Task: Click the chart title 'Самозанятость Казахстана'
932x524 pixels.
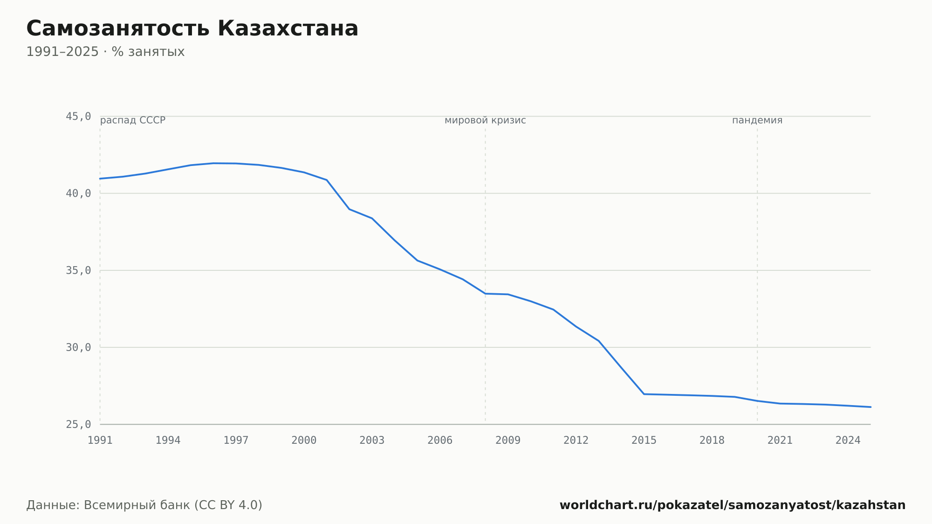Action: pos(192,28)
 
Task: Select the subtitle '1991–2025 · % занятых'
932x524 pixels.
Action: pos(105,52)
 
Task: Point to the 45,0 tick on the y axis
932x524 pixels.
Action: pos(78,117)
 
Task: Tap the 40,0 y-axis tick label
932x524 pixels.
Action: pos(78,193)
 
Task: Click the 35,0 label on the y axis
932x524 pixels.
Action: pos(78,270)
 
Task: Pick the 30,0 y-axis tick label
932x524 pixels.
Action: pos(78,347)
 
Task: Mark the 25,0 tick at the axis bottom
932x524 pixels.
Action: pos(78,424)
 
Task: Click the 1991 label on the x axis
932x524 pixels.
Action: pos(100,441)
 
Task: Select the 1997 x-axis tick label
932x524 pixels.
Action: pos(236,441)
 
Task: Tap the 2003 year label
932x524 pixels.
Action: pos(372,441)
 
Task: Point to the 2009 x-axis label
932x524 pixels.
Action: pos(508,441)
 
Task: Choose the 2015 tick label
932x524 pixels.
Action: pos(644,441)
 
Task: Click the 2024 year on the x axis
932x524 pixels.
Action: pos(848,441)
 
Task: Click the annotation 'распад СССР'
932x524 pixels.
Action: pos(133,120)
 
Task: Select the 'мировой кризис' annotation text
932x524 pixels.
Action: pos(485,120)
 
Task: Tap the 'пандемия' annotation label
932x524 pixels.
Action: pos(757,120)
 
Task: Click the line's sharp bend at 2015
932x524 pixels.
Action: pos(644,394)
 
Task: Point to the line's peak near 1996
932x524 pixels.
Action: pos(213,163)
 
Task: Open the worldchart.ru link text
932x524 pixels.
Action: pos(733,505)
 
